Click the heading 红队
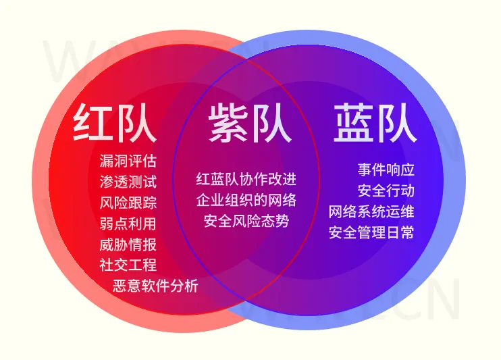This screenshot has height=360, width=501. pyautogui.click(x=115, y=123)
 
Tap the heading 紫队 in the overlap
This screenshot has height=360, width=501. pyautogui.click(x=250, y=123)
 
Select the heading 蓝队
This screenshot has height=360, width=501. pyautogui.click(x=375, y=123)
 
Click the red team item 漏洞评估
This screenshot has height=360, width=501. pyautogui.click(x=128, y=161)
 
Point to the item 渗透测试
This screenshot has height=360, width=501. pyautogui.click(x=128, y=182)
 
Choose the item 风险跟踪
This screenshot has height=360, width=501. pyautogui.click(x=128, y=203)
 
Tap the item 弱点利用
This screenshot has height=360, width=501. pyautogui.click(x=128, y=224)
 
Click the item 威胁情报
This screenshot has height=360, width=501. pyautogui.click(x=128, y=245)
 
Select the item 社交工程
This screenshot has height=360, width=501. pyautogui.click(x=128, y=265)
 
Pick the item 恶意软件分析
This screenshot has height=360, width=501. pyautogui.click(x=155, y=286)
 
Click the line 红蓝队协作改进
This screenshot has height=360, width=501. pyautogui.click(x=246, y=179)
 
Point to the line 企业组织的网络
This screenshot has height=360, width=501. pyautogui.click(x=246, y=200)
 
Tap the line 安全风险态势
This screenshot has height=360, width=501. pyautogui.click(x=246, y=222)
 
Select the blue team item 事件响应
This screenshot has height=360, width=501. pyautogui.click(x=386, y=170)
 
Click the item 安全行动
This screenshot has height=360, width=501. pyautogui.click(x=386, y=190)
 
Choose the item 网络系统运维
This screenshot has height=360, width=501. pyautogui.click(x=371, y=211)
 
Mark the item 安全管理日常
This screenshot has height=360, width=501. pyautogui.click(x=371, y=232)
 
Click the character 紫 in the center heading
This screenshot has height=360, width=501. pyautogui.click(x=228, y=123)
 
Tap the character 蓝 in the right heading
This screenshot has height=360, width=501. pyautogui.click(x=354, y=123)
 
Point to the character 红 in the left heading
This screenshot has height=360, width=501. pyautogui.click(x=93, y=123)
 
